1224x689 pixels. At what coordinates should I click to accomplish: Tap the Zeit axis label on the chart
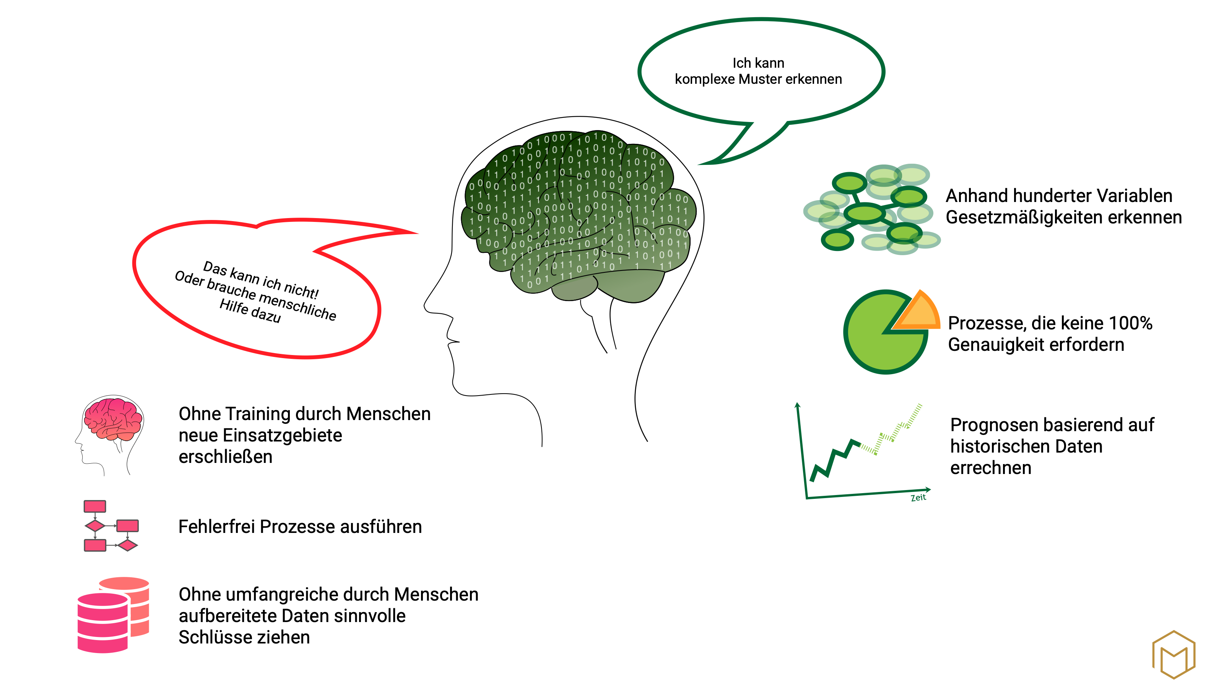pos(918,497)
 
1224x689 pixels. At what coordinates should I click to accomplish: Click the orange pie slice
pos(918,313)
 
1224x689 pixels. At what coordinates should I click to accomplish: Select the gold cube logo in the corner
pos(1173,655)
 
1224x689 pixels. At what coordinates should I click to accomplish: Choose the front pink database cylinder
pos(102,622)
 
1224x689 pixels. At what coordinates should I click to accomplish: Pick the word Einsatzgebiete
pos(282,436)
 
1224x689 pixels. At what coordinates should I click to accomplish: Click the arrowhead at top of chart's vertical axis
pos(798,405)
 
